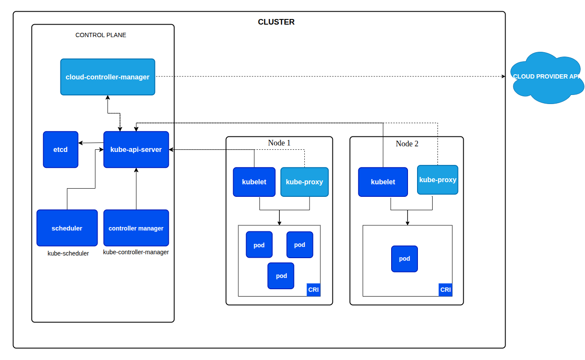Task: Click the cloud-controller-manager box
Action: coord(108,77)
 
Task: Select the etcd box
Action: coord(60,150)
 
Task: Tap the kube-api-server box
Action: coord(136,150)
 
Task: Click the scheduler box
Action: coord(67,228)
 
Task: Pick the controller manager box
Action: coord(136,228)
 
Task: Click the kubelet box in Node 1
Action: coord(254,182)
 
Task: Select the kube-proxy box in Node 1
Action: coord(304,182)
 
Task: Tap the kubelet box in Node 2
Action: coord(383,182)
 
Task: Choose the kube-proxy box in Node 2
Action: coord(438,180)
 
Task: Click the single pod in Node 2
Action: coord(405,259)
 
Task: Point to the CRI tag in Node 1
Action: coord(313,290)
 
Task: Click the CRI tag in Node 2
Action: coord(446,290)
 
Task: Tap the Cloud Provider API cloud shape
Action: coord(547,78)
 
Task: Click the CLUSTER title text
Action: coord(276,22)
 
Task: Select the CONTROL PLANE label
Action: coord(101,35)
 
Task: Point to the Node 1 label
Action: coord(279,143)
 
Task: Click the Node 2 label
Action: coord(407,144)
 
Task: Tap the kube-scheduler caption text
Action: coord(68,253)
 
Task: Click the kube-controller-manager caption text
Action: coord(136,252)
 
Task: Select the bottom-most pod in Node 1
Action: coord(281,276)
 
